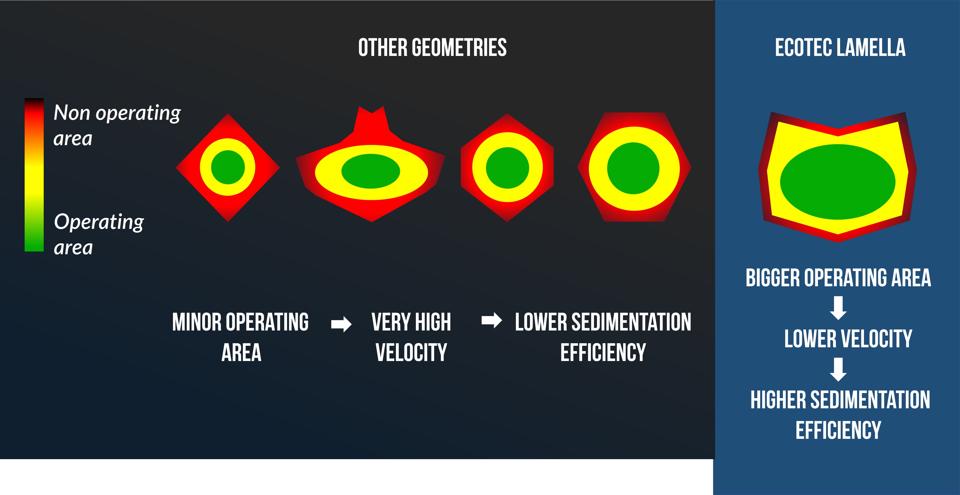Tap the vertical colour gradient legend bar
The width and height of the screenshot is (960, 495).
(x=34, y=175)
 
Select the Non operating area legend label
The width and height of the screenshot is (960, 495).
(x=117, y=125)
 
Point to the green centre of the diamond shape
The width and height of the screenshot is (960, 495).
(x=228, y=167)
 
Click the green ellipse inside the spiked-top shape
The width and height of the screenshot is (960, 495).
(x=371, y=171)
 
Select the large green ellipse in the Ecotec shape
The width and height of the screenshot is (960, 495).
(x=838, y=182)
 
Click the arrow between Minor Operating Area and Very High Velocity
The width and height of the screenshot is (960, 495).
(x=341, y=324)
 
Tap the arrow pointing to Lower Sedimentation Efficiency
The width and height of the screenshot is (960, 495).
(x=492, y=320)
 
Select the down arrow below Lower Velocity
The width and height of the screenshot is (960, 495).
(x=838, y=369)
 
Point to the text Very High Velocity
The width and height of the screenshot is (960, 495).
(x=411, y=337)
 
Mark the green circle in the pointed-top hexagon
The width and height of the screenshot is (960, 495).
(x=507, y=168)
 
